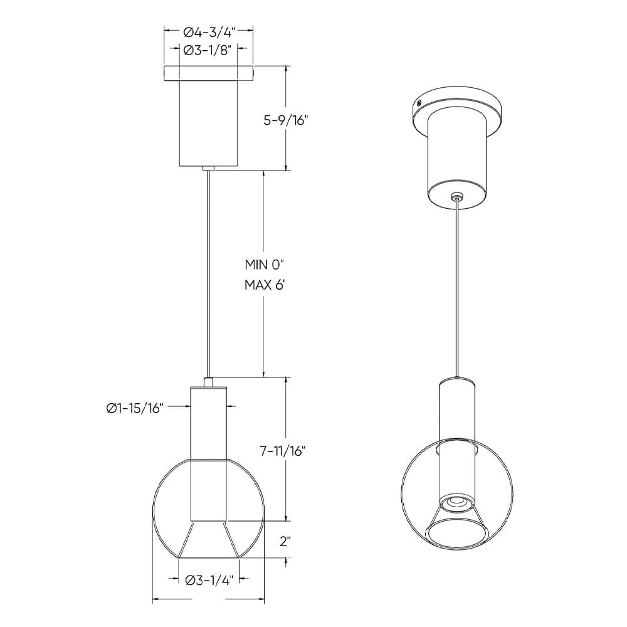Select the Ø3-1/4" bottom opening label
(209, 580)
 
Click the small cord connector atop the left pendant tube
(209, 381)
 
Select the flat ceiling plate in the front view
(209, 73)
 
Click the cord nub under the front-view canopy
(209, 168)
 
